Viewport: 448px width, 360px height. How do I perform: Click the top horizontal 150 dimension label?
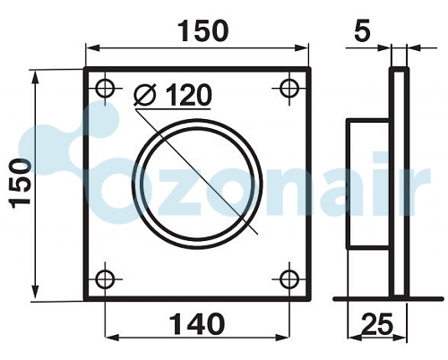pyautogui.click(x=203, y=30)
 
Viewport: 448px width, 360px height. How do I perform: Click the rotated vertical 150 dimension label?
pyautogui.click(x=21, y=184)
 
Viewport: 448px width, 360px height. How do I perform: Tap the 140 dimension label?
pyautogui.click(x=196, y=324)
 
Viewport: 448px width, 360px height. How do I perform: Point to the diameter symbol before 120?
pyautogui.click(x=145, y=95)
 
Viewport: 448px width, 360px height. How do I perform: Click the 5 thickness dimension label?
pyautogui.click(x=362, y=30)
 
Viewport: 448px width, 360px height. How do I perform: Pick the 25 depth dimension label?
pyautogui.click(x=377, y=324)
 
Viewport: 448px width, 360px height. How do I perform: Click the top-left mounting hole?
pyautogui.click(x=105, y=89)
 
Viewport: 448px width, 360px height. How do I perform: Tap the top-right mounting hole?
pyautogui.click(x=289, y=89)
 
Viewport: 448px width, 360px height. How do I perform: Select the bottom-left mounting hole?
pyautogui.click(x=105, y=279)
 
